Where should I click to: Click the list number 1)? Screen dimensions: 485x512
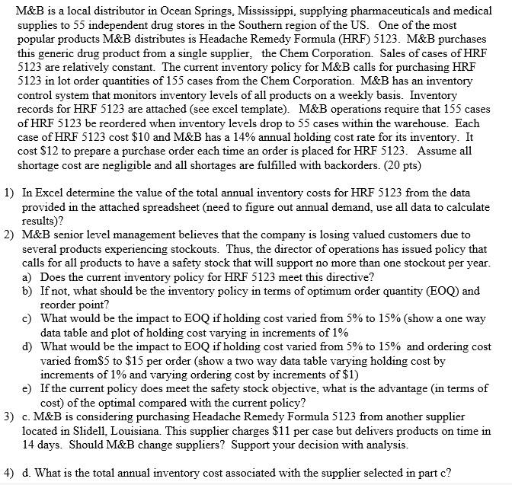pyautogui.click(x=9, y=193)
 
